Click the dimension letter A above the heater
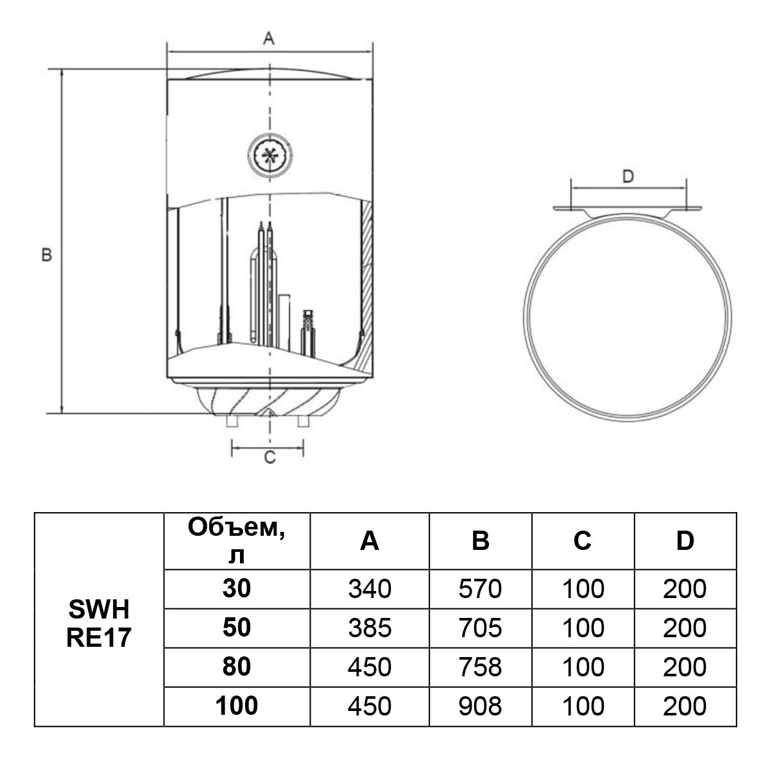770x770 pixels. click(x=269, y=39)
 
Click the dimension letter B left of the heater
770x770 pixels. click(x=46, y=255)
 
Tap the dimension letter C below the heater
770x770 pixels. click(x=269, y=458)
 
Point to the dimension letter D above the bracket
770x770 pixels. click(x=628, y=176)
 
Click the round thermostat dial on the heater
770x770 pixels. click(x=270, y=154)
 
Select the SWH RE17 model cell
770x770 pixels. click(x=99, y=620)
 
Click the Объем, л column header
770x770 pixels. click(x=237, y=540)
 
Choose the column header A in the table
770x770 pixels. click(x=370, y=542)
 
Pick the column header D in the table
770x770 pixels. click(x=685, y=542)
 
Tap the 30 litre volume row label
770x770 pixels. click(x=237, y=588)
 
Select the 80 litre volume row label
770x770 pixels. click(x=237, y=667)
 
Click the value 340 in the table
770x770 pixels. click(x=370, y=589)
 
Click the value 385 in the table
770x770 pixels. click(x=370, y=628)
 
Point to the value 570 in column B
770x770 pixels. click(x=480, y=589)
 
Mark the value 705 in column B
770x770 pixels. click(x=480, y=628)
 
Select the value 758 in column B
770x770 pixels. click(x=480, y=667)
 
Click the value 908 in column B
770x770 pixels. click(x=480, y=706)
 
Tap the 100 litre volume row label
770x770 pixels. click(x=237, y=706)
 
